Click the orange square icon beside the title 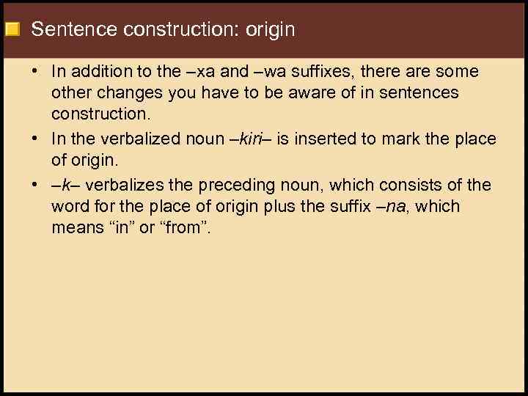tap(12, 30)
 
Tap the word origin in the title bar tap(271, 30)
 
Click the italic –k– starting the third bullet tap(63, 185)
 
